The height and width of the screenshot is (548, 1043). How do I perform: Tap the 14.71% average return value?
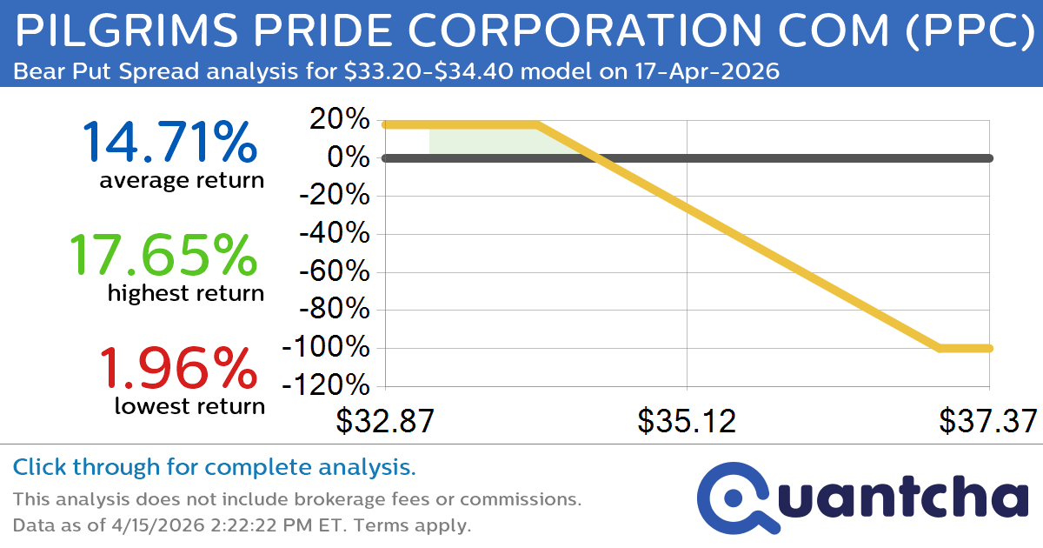coord(169,144)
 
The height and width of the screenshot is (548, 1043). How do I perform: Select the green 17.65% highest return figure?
coord(163,256)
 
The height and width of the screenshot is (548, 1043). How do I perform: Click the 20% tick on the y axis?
coord(341,120)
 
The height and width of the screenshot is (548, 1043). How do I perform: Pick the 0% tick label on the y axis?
coord(350,158)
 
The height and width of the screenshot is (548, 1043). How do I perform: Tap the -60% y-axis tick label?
coord(334,272)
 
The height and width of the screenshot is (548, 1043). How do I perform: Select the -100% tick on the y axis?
coord(326,348)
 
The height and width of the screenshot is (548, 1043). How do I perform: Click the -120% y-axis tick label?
coord(326,386)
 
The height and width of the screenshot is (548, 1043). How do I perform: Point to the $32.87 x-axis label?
coord(385,421)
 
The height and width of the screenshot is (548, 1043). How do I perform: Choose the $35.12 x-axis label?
coord(687,421)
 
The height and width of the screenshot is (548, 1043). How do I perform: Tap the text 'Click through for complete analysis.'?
coord(214,468)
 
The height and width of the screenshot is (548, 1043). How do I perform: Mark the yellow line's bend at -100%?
coord(940,348)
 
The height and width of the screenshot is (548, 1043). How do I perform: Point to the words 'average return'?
coord(181,181)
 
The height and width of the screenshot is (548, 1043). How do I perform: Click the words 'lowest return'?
coord(189,405)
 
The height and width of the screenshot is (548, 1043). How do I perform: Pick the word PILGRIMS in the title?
coord(116,33)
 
